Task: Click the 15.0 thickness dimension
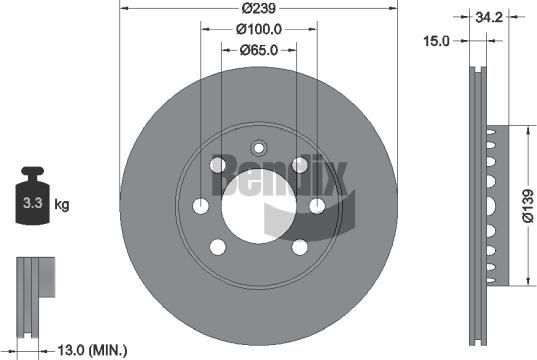[x=436, y=41]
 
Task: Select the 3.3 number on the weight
[x=31, y=205]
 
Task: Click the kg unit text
[x=62, y=206]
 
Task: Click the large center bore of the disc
[x=258, y=206]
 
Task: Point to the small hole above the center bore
[x=258, y=144]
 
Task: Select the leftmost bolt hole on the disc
[x=200, y=206]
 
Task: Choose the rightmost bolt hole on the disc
[x=317, y=206]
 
